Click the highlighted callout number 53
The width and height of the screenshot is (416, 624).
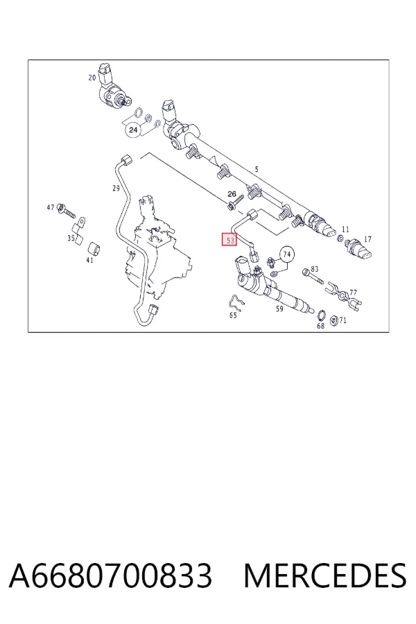tap(229, 240)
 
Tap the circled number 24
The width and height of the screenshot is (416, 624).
tap(133, 130)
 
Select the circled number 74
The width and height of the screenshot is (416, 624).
tap(286, 254)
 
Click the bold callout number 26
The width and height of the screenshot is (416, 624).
tap(232, 194)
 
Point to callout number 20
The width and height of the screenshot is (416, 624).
tap(92, 78)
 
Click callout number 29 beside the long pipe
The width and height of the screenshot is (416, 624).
tap(116, 188)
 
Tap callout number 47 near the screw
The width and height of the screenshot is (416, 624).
tap(51, 207)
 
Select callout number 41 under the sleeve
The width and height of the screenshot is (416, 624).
tap(89, 260)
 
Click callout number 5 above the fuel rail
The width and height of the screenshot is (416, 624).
tap(257, 169)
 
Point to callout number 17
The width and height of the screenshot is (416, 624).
tap(367, 239)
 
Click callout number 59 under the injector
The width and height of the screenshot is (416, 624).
tap(279, 309)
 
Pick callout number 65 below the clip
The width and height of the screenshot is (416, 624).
tap(233, 315)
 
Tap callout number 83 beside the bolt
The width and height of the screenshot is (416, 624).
tap(315, 269)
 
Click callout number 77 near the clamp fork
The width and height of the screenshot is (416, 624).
tap(353, 293)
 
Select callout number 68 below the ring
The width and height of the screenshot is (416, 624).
tap(320, 326)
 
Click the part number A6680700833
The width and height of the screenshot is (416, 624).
tap(111, 575)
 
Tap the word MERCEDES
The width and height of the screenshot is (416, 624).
tap(325, 575)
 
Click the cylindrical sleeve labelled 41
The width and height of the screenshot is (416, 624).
tap(94, 249)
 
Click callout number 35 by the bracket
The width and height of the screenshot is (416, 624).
tap(71, 239)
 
